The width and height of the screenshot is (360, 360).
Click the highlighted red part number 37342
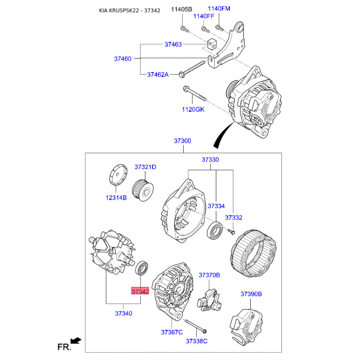(x=140, y=291)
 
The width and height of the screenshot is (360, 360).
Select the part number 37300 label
(x=183, y=141)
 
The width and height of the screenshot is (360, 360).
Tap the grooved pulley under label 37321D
(x=143, y=190)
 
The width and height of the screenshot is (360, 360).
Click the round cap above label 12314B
(x=118, y=174)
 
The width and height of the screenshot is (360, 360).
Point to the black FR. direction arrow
(x=76, y=341)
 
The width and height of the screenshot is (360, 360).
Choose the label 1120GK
(x=193, y=109)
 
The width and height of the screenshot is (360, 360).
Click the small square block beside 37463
(x=212, y=44)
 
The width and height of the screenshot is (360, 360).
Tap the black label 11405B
(x=182, y=9)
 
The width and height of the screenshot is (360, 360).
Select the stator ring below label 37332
(x=253, y=253)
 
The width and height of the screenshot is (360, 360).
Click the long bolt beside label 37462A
(x=192, y=69)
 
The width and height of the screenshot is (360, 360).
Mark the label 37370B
(x=209, y=275)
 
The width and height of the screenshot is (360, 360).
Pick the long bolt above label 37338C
(x=196, y=326)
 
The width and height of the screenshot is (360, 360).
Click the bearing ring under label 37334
(x=215, y=230)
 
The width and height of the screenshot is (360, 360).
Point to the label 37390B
(x=251, y=294)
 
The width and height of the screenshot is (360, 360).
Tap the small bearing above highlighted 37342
(x=142, y=268)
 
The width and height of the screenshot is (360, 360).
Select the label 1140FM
(x=219, y=9)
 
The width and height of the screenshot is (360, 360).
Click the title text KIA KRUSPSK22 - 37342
(x=130, y=10)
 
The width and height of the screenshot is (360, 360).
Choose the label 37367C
(x=172, y=332)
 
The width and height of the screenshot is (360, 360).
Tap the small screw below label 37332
(x=231, y=232)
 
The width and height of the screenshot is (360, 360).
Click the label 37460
(x=123, y=59)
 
